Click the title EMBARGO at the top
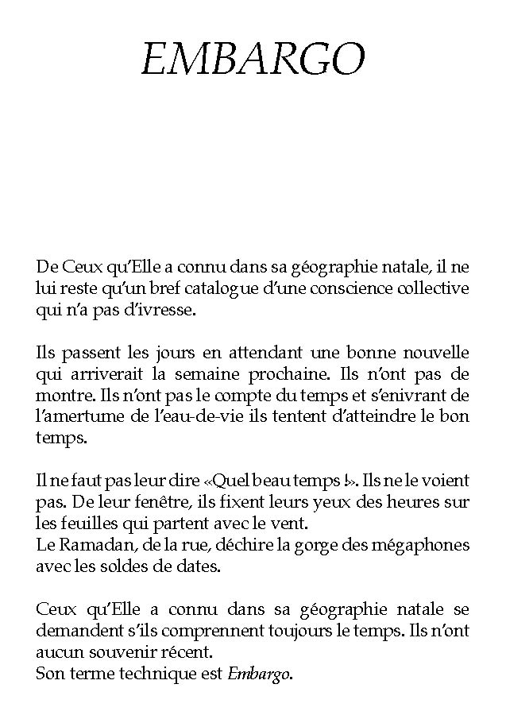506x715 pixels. point(253,60)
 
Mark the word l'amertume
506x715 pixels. point(78,416)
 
